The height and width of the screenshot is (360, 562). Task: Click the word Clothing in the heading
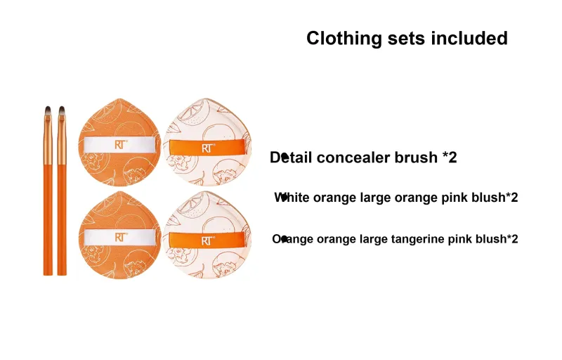pos(344,39)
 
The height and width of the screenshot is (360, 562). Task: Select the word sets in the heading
pos(406,39)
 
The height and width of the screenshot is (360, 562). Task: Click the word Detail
pos(291,157)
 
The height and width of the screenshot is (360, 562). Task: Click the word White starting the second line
pos(292,198)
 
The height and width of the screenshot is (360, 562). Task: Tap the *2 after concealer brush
pos(450,157)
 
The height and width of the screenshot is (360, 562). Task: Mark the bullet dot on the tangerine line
pos(284,239)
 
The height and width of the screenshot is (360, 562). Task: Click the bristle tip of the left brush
pos(48,109)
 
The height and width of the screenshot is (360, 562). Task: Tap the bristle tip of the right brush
pos(62,109)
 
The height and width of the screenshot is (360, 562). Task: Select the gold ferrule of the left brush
pos(48,141)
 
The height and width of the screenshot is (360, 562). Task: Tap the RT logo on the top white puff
pos(208,148)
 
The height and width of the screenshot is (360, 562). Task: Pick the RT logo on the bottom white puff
pos(208,240)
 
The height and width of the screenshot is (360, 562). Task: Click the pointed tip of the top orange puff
pos(119,99)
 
